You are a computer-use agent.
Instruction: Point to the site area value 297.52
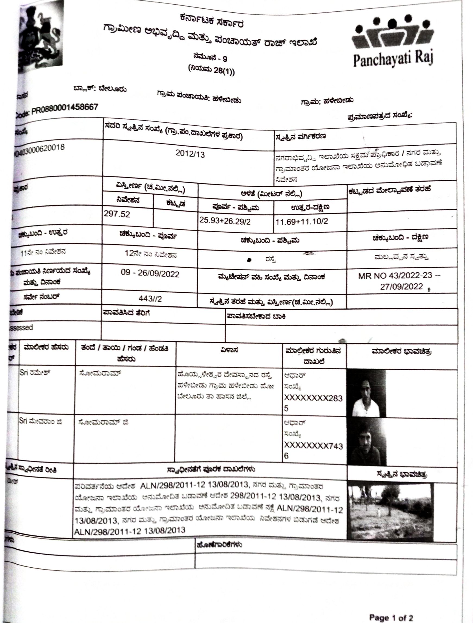117,214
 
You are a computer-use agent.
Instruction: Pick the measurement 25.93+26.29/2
225,221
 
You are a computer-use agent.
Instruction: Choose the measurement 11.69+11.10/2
301,221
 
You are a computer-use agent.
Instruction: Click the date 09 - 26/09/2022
150,273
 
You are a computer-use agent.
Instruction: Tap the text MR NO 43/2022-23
395,276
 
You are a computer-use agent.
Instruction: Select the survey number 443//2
150,299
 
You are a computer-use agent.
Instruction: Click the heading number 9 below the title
225,59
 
